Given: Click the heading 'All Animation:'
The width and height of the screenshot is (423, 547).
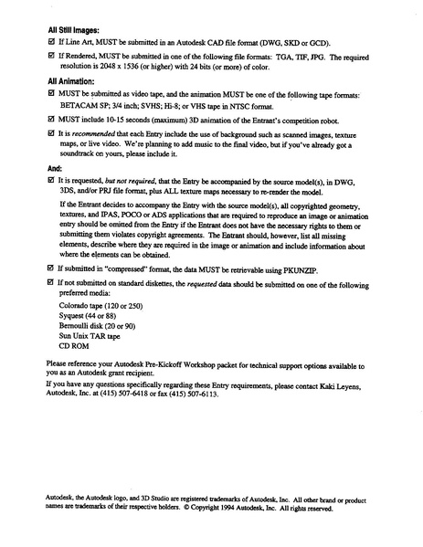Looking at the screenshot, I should [72, 80].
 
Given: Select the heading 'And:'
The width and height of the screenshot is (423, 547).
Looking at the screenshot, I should [55, 169].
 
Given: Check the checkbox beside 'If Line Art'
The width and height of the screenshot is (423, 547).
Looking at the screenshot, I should [50, 42].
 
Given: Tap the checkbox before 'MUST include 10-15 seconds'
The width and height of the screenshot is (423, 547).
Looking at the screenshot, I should [50, 119].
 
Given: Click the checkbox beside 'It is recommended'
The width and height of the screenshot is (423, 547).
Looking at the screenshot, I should [50, 132].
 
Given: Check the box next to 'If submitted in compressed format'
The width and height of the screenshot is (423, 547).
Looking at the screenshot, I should [50, 269].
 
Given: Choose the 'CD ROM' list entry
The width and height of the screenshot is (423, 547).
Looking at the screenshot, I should [75, 346].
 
